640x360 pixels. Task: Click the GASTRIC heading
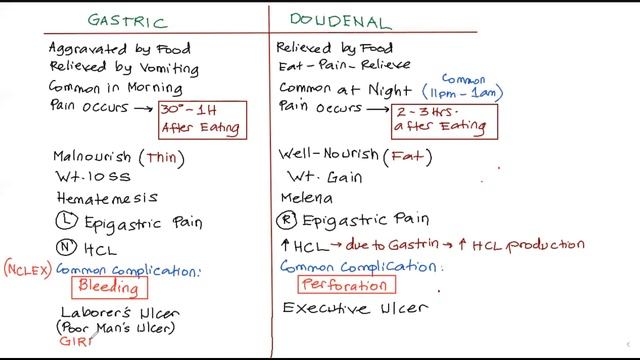tap(127, 20)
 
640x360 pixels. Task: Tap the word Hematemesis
tap(105, 198)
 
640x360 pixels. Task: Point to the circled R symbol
tap(288, 220)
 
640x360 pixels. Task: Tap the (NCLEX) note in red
tap(26, 269)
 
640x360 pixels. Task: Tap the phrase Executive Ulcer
tap(355, 309)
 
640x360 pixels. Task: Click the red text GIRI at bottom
tap(75, 342)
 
